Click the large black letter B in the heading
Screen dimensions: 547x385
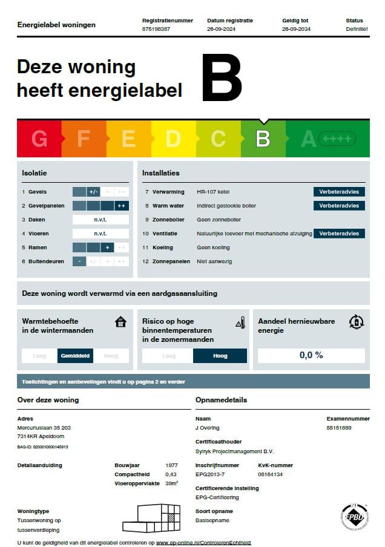click(x=222, y=78)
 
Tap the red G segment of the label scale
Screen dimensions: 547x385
click(x=39, y=139)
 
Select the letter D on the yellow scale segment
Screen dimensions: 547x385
click(x=173, y=139)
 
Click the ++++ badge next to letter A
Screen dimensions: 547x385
click(x=337, y=139)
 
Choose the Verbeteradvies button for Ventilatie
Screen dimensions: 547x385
click(x=339, y=234)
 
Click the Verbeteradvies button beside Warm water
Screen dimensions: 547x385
click(x=339, y=206)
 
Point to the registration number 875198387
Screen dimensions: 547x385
click(x=156, y=29)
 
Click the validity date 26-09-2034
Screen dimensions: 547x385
click(x=296, y=29)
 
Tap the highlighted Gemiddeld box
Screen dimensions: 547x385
click(x=76, y=356)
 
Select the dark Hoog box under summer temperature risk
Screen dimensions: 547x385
click(x=220, y=356)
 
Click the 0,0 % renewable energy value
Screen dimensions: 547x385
click(x=311, y=355)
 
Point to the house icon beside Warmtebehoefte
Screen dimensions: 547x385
click(x=120, y=322)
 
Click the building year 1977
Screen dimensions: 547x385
click(x=171, y=465)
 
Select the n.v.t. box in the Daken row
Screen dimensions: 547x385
click(x=100, y=220)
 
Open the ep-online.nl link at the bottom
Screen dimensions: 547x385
click(x=203, y=543)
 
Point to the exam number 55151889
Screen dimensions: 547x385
click(x=339, y=428)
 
